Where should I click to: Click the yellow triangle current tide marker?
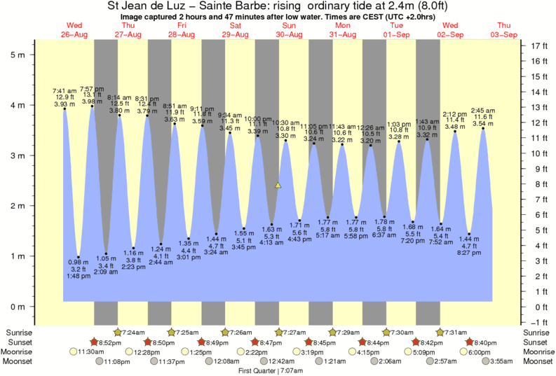(278, 186)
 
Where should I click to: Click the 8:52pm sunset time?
(111, 342)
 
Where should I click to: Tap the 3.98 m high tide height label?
(92, 102)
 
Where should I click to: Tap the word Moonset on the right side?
(538, 361)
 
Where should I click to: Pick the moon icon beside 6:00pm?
(469, 351)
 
